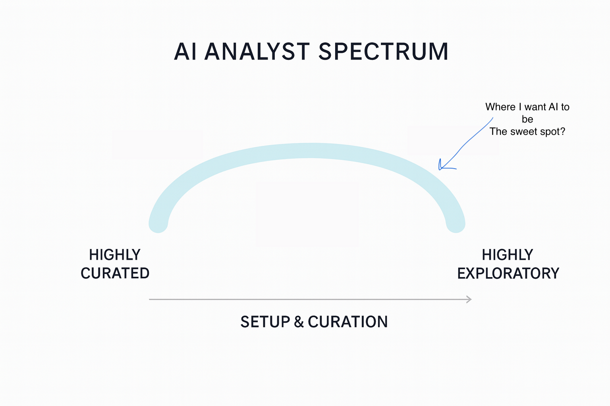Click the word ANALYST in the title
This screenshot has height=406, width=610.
(x=257, y=52)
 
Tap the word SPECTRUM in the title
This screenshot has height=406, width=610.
(x=383, y=52)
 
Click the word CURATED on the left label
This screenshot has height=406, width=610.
(x=115, y=273)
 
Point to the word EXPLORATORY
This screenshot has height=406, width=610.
(x=508, y=273)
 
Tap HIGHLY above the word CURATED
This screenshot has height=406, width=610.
(x=115, y=255)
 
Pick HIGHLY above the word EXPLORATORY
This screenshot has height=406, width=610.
(x=508, y=255)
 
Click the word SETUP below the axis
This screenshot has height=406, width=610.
(x=265, y=322)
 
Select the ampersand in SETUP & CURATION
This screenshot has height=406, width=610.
(x=299, y=322)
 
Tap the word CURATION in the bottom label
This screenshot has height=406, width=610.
(x=348, y=322)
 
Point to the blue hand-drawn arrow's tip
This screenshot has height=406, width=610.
(x=440, y=169)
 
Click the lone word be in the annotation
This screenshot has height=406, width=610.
(x=527, y=119)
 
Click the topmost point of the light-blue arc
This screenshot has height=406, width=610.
(x=311, y=143)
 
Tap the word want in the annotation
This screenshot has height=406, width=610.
(x=535, y=107)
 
